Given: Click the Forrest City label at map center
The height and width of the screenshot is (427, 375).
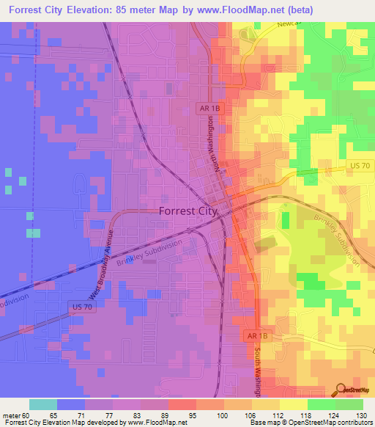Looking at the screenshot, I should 188,211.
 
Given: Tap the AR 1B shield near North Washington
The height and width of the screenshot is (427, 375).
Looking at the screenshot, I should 209,108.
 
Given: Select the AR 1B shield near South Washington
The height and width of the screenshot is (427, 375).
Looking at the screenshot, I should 253,335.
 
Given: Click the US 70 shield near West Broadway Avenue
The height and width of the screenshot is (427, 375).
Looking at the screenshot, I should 83,304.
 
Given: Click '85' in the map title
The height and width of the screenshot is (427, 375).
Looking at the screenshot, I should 132,10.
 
